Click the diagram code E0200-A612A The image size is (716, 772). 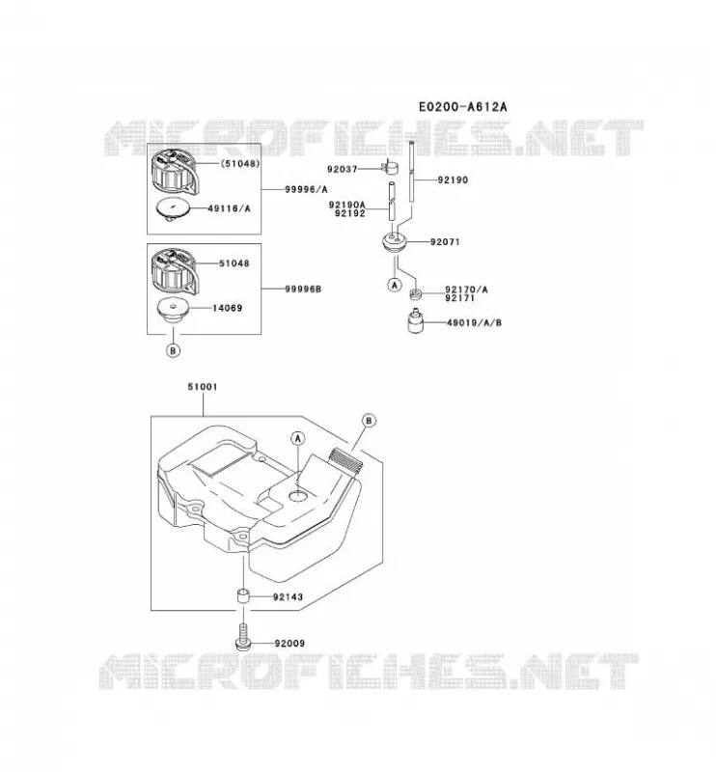coord(462,106)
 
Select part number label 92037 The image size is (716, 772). coord(343,169)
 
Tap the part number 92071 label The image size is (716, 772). coord(445,242)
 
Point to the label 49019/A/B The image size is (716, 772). coord(474,323)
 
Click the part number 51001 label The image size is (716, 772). coord(203,387)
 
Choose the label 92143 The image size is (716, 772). coord(289,596)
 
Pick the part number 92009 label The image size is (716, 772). coord(289,643)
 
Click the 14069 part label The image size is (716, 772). coord(227,308)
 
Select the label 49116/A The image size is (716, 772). coord(229,208)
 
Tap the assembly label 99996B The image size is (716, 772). coord(303,289)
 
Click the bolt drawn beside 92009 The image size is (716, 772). coord(242,637)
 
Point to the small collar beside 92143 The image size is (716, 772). coord(243,597)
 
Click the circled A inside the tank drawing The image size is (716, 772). coord(298,438)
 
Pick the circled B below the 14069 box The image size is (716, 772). coord(173,350)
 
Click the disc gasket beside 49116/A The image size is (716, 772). coord(174,209)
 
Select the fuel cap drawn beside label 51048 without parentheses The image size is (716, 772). coord(173,270)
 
